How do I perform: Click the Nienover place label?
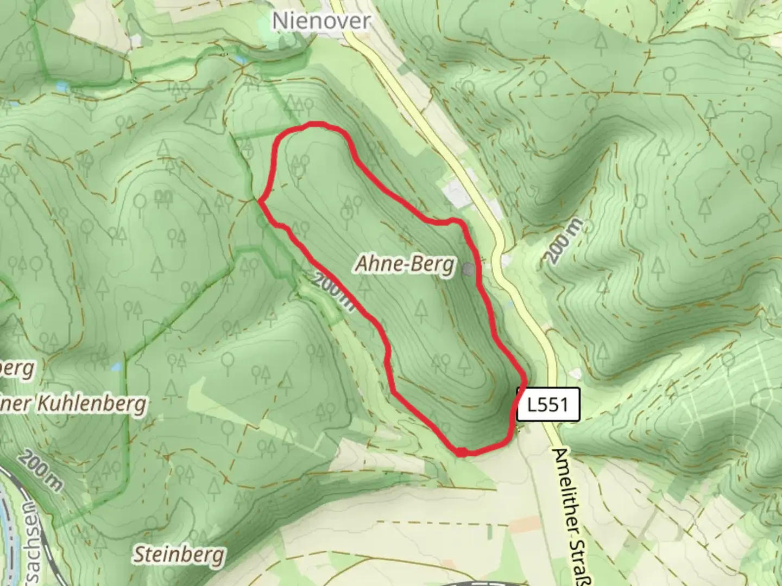click(321, 21)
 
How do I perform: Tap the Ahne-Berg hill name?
click(405, 264)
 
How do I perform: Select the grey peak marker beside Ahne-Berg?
click(469, 269)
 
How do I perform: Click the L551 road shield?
click(548, 404)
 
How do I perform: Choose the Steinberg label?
click(179, 555)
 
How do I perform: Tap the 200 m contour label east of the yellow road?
click(564, 242)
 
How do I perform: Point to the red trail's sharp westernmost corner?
click(260, 202)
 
